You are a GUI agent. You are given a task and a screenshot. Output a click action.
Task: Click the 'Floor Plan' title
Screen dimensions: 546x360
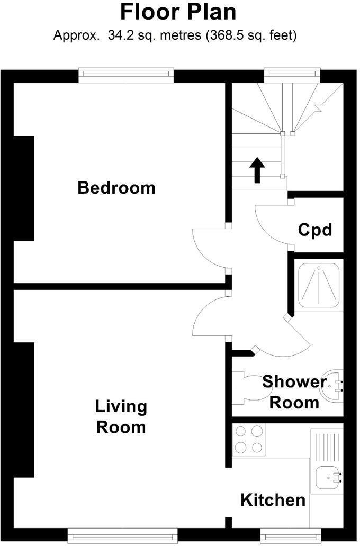click(178, 12)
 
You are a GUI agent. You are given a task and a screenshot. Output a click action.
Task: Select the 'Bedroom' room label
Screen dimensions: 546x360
click(116, 187)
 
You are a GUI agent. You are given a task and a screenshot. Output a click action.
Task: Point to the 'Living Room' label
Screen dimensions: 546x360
click(121, 416)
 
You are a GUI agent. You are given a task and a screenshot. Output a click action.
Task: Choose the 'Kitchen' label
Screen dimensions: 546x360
click(273, 499)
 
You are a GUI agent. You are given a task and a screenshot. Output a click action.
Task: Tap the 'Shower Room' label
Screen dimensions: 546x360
click(294, 392)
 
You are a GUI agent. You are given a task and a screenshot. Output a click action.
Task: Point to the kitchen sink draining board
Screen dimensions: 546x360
click(327, 447)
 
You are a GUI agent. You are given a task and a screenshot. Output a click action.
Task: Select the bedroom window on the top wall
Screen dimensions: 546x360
click(126, 75)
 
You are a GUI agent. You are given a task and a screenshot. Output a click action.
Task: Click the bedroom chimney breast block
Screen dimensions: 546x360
click(24, 188)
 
